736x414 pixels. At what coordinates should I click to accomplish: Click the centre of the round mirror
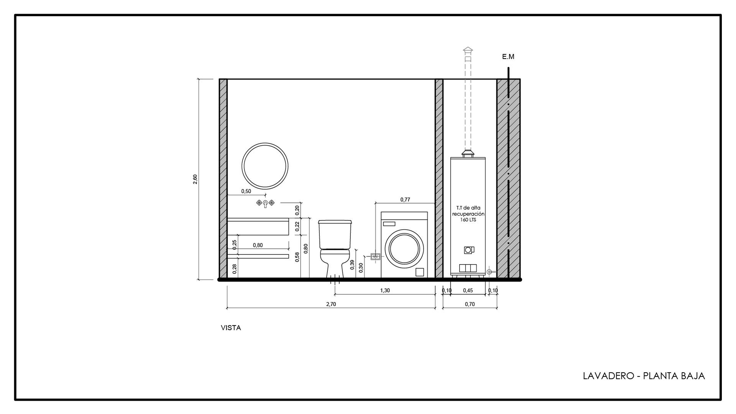coord(265,166)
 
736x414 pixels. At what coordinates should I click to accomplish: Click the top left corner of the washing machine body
coord(381,212)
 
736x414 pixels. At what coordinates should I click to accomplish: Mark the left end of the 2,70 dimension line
coord(227,307)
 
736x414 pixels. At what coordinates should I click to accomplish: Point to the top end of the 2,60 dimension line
coord(199,79)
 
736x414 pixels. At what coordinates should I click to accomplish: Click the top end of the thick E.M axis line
coord(508,68)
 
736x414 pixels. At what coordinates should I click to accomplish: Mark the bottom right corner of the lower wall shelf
coord(289,258)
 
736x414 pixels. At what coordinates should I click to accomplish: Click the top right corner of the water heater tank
coord(486,157)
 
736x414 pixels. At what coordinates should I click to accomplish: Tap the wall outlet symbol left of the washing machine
coord(376,256)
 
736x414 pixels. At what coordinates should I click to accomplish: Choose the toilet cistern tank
coord(335,234)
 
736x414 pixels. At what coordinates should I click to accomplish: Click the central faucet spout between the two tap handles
coord(265,203)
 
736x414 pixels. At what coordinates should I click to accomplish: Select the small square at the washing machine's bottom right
coord(420,272)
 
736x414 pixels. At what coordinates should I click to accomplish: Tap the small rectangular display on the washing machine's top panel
coord(389,223)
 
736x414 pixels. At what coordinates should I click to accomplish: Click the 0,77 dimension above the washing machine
coord(405,199)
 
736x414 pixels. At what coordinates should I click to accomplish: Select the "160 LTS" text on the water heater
coord(468,220)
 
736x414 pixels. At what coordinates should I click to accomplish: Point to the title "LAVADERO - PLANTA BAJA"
coord(644,376)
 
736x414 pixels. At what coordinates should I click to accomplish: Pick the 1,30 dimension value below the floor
coord(385,291)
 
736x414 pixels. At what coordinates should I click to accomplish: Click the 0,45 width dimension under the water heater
coord(468,291)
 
